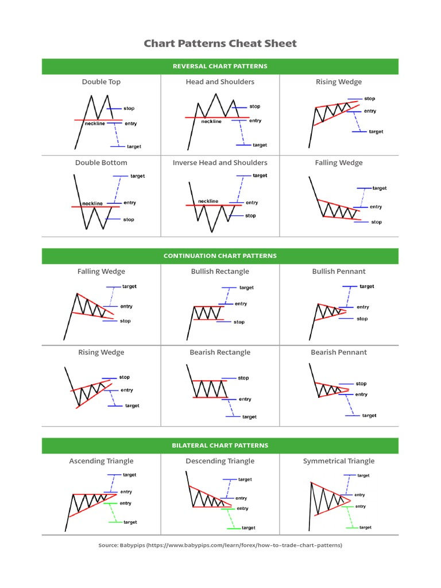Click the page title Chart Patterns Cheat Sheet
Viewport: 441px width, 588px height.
tap(220, 44)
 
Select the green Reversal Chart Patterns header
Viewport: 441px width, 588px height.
tap(220, 66)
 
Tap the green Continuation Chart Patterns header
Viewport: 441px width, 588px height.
tap(220, 256)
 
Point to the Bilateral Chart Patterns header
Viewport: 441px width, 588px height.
tap(220, 445)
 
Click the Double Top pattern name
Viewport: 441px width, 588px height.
tap(101, 82)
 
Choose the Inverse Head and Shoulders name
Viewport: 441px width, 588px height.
tap(220, 163)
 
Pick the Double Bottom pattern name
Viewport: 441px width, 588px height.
tap(101, 163)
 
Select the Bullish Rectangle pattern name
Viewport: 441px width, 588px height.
tap(220, 271)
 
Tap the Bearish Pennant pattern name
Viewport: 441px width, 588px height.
tap(339, 352)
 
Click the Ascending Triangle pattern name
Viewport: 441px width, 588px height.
tap(101, 461)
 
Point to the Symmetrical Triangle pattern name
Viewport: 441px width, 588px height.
tap(339, 461)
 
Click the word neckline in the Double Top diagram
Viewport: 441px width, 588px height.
tap(95, 123)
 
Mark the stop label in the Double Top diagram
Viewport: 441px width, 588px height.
tap(129, 108)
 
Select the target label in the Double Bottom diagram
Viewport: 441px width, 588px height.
tap(137, 176)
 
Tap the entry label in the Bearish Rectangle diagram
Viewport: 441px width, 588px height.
tap(245, 399)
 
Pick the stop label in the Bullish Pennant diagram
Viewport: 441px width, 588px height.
tap(362, 319)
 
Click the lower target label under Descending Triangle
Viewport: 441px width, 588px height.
tap(248, 528)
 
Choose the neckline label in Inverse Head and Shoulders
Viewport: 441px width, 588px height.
tap(208, 201)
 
